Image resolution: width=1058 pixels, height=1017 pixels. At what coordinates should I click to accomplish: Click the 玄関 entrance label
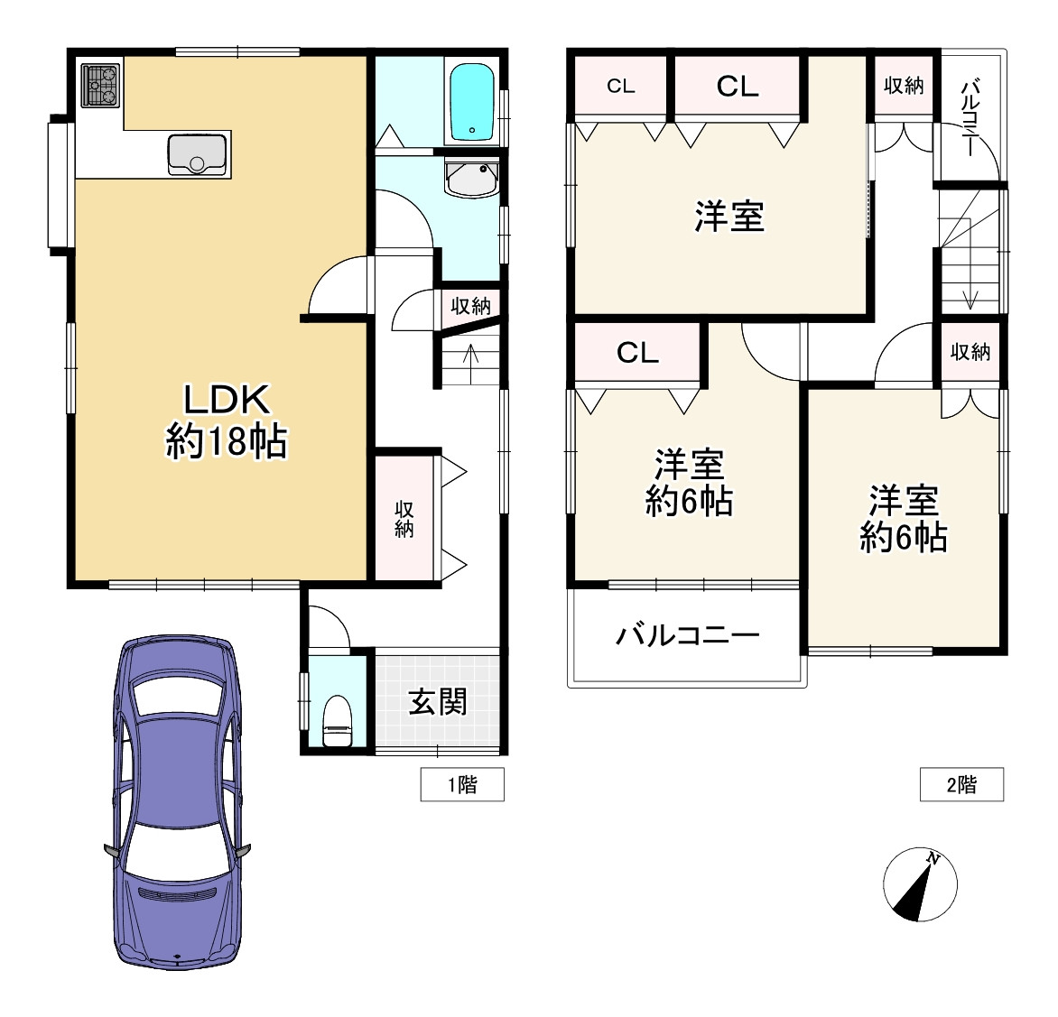(438, 701)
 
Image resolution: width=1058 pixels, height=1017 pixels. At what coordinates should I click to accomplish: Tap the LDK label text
(227, 399)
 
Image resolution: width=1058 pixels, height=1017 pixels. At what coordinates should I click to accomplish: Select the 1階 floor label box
(462, 784)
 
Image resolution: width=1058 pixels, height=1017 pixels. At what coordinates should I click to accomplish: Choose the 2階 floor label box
(961, 784)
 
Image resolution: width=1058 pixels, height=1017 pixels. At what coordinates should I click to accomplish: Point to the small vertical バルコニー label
(971, 118)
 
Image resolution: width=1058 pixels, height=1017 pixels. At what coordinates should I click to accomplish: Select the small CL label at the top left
(621, 87)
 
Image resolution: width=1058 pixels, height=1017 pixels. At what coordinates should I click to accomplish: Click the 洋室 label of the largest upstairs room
(729, 217)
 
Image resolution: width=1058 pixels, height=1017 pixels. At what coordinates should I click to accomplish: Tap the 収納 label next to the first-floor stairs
(470, 306)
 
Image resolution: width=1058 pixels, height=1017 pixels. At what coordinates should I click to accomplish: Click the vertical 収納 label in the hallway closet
(404, 519)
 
